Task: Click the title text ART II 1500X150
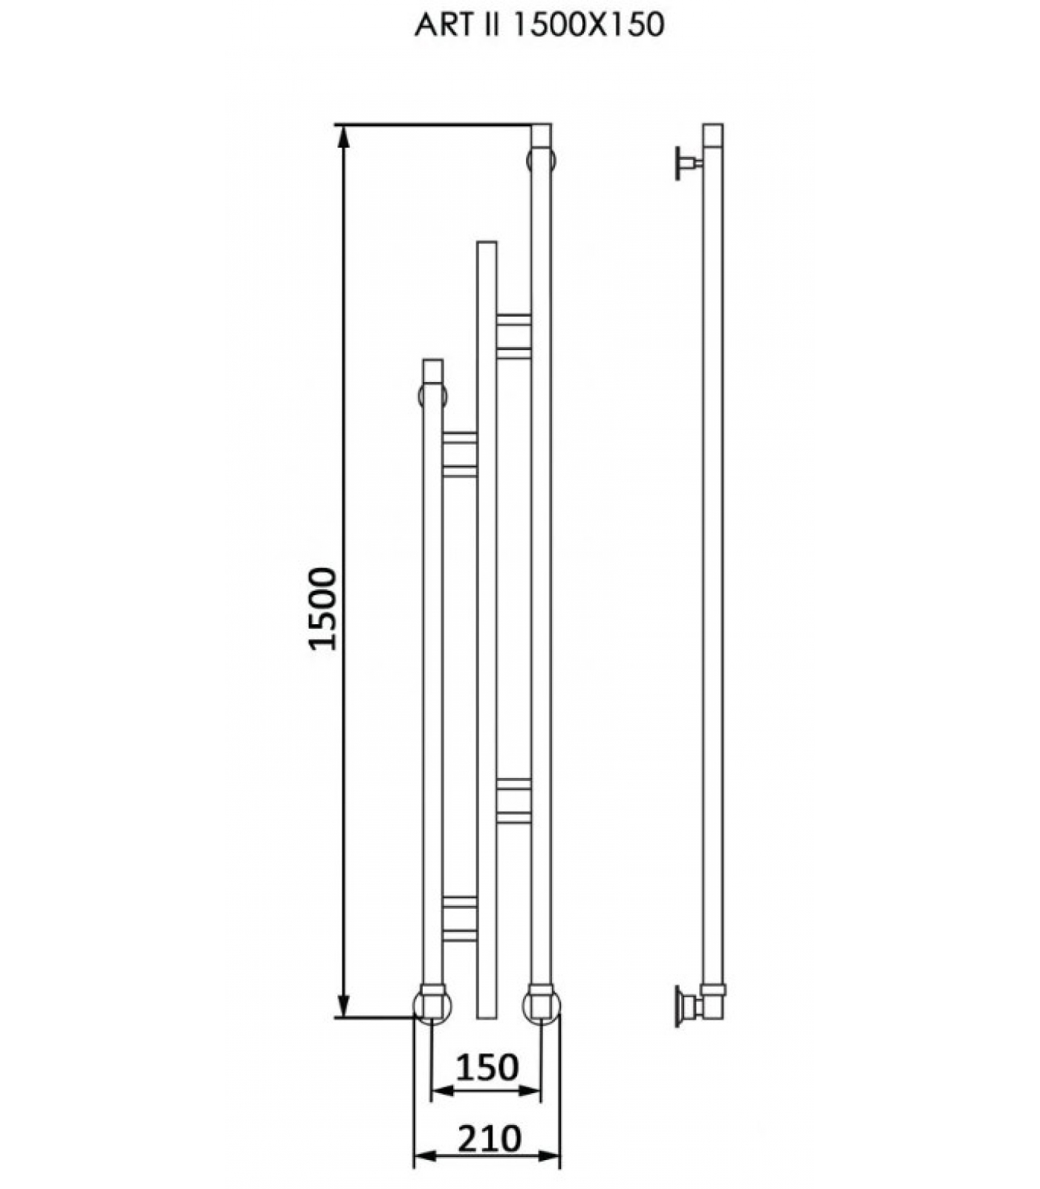click(539, 26)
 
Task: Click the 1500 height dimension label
click(322, 608)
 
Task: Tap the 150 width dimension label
click(487, 1068)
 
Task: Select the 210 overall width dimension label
click(489, 1138)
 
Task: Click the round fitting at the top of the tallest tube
click(541, 161)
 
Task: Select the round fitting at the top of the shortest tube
click(432, 394)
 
